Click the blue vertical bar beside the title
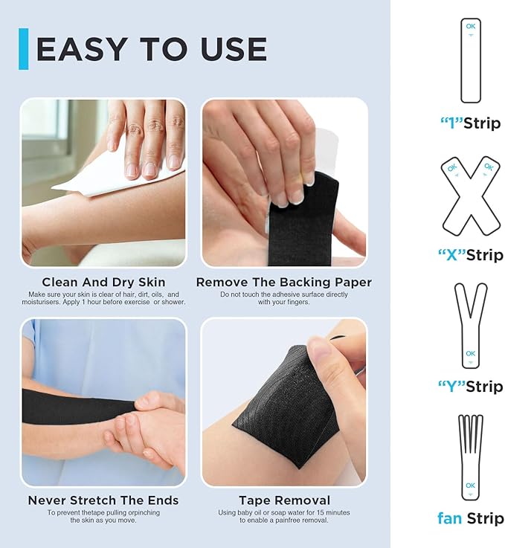(x=23, y=49)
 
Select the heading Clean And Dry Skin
(x=103, y=283)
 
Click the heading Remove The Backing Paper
(x=283, y=283)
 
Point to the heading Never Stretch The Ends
(x=103, y=500)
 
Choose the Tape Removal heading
(x=284, y=500)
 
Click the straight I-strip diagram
(x=470, y=61)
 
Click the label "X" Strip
(x=470, y=255)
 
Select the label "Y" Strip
(x=470, y=387)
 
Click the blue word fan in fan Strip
(x=450, y=518)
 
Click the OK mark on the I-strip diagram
(x=470, y=27)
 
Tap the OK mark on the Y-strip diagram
(x=470, y=354)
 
